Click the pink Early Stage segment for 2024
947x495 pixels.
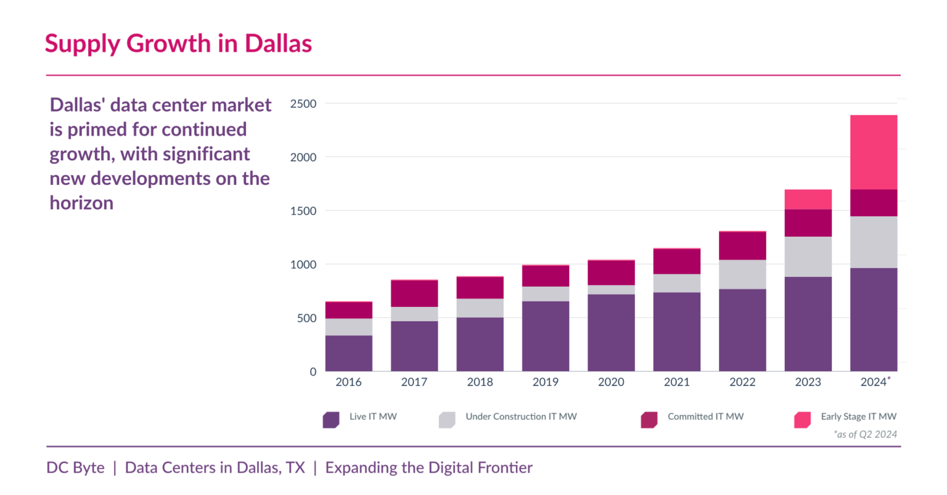click(873, 152)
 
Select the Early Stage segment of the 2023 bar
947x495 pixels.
click(808, 199)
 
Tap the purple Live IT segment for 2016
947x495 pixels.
click(349, 353)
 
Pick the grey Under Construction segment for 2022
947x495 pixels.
click(742, 274)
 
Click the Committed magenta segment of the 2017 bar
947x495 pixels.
click(414, 293)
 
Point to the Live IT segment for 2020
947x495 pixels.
click(611, 333)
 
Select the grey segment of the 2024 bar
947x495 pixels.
click(873, 242)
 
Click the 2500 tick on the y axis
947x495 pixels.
click(303, 104)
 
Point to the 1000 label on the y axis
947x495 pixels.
click(303, 264)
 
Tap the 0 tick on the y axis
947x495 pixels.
click(313, 372)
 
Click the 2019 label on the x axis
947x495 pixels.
click(545, 382)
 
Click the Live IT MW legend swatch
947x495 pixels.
click(331, 420)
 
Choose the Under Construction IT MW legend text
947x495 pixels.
click(521, 417)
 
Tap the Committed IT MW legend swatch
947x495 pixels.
click(649, 420)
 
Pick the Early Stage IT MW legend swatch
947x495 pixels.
click(802, 420)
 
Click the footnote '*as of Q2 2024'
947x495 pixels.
click(865, 435)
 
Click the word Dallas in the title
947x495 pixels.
click(278, 43)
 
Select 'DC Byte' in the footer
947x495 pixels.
click(75, 468)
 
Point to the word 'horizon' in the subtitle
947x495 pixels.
click(81, 203)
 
